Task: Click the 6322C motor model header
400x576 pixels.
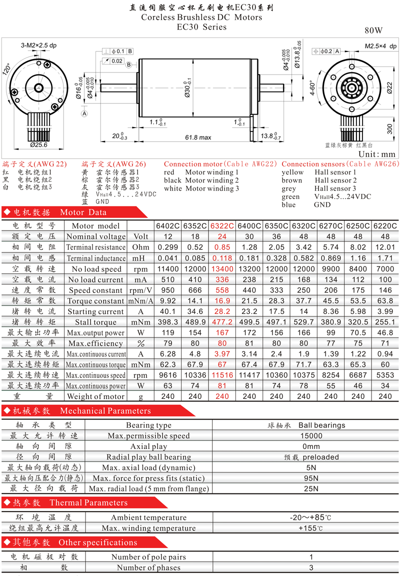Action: [x=222, y=225]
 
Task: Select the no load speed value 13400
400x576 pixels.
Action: [x=222, y=269]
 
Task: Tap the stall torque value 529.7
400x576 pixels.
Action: [x=303, y=322]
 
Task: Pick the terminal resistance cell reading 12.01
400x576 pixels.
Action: [x=385, y=247]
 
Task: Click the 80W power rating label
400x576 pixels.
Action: [x=373, y=30]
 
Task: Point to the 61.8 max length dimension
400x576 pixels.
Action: [x=198, y=137]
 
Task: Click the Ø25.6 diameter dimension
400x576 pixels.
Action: [x=38, y=145]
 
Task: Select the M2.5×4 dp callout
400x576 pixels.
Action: [x=380, y=46]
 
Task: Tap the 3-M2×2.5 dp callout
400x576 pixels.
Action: [x=38, y=45]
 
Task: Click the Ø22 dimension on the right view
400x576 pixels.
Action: [x=389, y=88]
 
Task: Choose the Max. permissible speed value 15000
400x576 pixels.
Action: [x=311, y=435]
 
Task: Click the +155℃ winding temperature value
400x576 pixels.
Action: [x=310, y=528]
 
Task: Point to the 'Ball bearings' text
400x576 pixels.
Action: [x=322, y=425]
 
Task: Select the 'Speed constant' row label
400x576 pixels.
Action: [x=95, y=290]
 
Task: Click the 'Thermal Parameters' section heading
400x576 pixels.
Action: [x=88, y=502]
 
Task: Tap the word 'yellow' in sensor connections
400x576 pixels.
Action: [x=292, y=172]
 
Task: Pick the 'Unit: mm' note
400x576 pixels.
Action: [x=377, y=154]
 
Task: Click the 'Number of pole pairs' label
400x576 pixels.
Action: [x=149, y=557]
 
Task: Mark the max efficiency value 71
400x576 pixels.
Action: [x=385, y=343]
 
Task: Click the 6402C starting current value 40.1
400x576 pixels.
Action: [x=168, y=311]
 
